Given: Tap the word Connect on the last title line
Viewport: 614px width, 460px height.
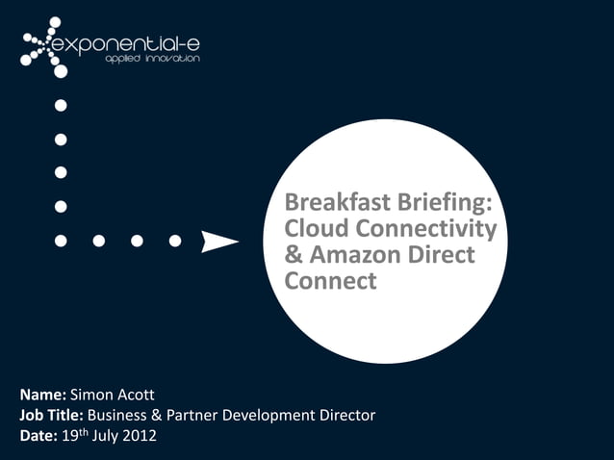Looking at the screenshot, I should click(x=331, y=282).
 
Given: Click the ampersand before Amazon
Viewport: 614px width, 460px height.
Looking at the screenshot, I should click(x=293, y=256).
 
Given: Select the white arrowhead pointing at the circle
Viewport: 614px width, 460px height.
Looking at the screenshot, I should click(x=218, y=241).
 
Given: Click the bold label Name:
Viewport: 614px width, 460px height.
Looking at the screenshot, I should click(x=42, y=396).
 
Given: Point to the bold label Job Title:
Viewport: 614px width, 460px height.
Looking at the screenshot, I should click(x=52, y=416).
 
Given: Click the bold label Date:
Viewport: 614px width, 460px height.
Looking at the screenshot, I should click(x=39, y=436).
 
